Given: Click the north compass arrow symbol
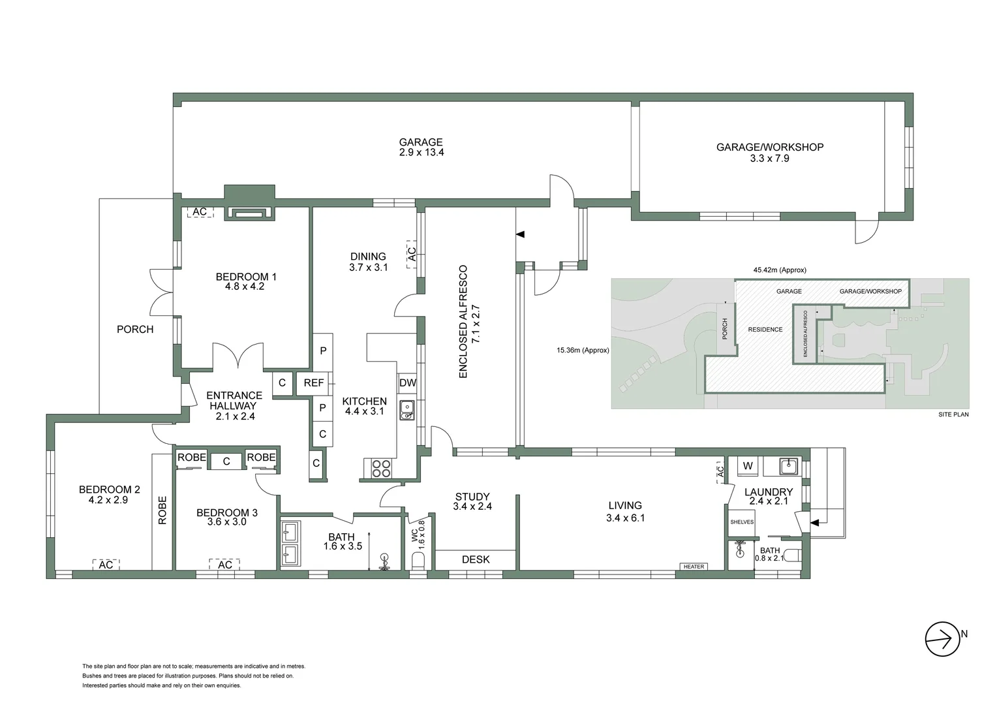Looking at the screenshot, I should (943, 638).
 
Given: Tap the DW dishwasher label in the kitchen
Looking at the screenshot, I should (407, 383).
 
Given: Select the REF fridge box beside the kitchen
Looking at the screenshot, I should (314, 383).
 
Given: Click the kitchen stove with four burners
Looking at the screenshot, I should (381, 469).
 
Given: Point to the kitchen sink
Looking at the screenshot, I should (407, 409).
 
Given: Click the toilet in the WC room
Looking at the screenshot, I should (418, 561).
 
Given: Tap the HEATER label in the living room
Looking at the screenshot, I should (694, 567).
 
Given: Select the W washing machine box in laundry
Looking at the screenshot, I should (748, 466).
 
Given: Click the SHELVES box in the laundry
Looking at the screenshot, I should (742, 522).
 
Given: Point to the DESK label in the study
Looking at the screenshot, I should (476, 559).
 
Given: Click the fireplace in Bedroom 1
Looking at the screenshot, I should (249, 213).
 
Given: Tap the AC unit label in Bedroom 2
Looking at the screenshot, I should (106, 565).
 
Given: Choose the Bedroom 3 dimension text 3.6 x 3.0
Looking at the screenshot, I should (227, 522).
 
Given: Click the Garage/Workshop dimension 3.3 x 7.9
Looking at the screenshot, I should (769, 158).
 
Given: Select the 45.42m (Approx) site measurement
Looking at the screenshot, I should (780, 270).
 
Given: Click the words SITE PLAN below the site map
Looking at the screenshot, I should (953, 415).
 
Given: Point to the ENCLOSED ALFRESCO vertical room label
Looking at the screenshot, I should (463, 321).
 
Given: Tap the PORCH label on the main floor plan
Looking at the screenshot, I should (135, 329).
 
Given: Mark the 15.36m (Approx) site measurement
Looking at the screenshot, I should (583, 351).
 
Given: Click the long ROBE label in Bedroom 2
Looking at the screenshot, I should (162, 510).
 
